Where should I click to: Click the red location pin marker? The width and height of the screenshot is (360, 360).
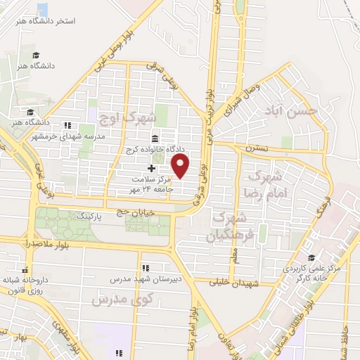tap(181, 166)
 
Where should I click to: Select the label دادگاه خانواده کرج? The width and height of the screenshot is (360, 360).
tap(155, 150)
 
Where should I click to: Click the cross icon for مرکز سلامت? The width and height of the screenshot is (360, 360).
tap(151, 169)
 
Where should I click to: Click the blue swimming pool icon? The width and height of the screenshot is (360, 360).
tap(42, 9)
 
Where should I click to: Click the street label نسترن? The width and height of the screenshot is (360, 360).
tap(257, 149)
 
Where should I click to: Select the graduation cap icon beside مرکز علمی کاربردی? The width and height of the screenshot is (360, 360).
tap(312, 258)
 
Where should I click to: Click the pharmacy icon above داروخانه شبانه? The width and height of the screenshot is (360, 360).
tap(26, 269)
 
